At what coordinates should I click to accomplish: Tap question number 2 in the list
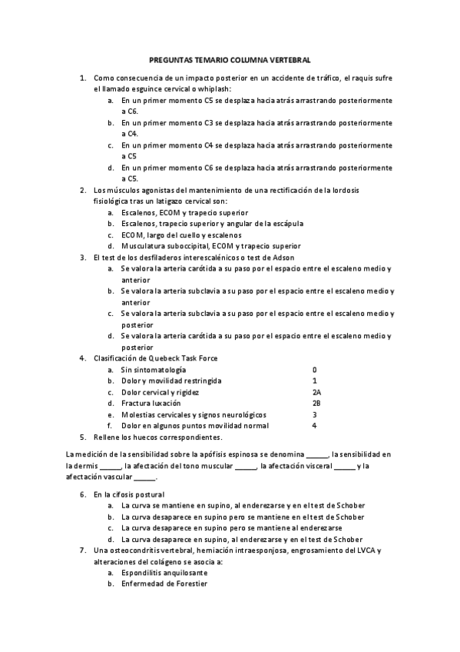pyautogui.click(x=83, y=190)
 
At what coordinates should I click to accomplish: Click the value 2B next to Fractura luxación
pyautogui.click(x=316, y=403)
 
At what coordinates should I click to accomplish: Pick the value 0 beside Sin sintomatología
pyautogui.click(x=314, y=370)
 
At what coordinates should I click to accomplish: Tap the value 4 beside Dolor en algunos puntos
pyautogui.click(x=314, y=425)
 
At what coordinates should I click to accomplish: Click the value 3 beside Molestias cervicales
pyautogui.click(x=314, y=414)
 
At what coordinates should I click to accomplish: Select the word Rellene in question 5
pyautogui.click(x=108, y=437)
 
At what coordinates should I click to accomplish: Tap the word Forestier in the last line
pyautogui.click(x=188, y=584)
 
